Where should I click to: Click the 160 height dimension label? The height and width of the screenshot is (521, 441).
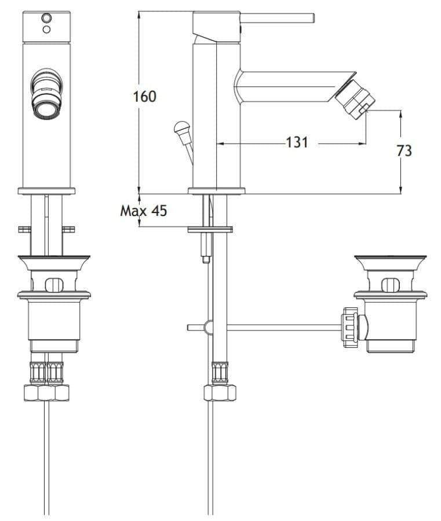point(145,96)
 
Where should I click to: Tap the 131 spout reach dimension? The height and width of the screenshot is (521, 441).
point(297,142)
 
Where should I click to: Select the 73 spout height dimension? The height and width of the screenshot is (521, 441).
point(404,151)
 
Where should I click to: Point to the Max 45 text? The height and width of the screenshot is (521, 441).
point(144,211)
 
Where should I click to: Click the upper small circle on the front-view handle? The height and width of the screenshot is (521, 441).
point(46,17)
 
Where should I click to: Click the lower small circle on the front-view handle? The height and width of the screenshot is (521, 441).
point(46,30)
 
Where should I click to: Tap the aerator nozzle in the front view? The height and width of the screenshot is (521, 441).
point(46,93)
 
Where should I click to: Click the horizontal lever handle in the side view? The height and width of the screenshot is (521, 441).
point(278,19)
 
